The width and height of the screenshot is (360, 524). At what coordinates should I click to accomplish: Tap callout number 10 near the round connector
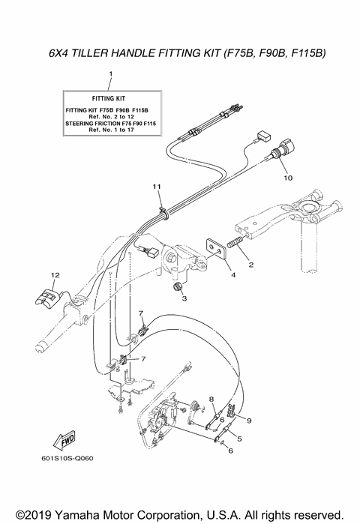286,178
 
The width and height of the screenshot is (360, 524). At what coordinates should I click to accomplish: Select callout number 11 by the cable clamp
157,185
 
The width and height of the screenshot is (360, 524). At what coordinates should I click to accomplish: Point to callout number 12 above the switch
54,275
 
